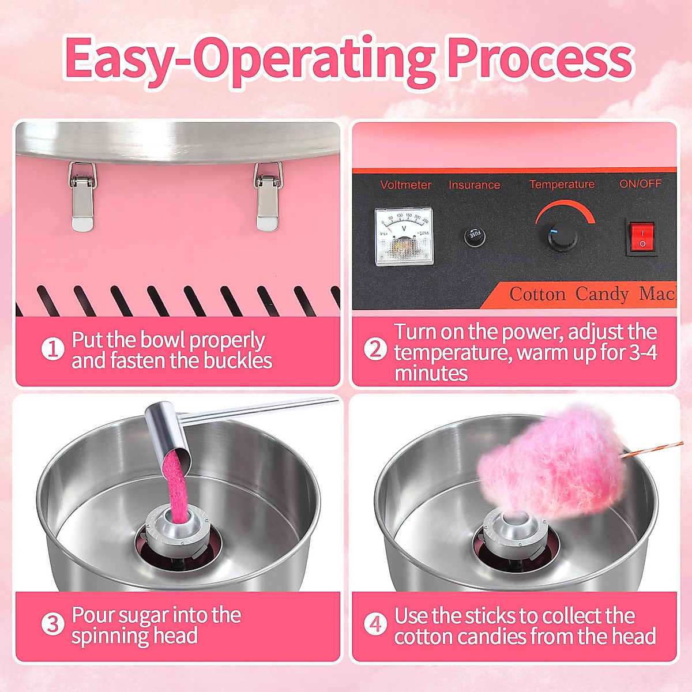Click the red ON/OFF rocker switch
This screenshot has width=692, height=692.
click(x=642, y=237)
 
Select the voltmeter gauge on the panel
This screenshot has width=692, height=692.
click(x=404, y=236)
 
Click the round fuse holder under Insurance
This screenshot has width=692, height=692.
click(x=475, y=236)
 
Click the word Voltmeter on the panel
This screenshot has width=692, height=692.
click(x=405, y=185)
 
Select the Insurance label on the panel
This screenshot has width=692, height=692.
click(x=474, y=185)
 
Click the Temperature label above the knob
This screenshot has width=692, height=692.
click(x=562, y=185)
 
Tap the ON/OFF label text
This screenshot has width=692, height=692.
click(x=640, y=184)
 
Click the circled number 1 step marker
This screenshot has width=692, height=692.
click(x=52, y=349)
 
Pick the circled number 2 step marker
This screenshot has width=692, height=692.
click(x=375, y=349)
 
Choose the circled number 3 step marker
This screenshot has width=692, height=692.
click(x=52, y=625)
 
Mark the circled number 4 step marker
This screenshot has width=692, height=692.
click(x=375, y=625)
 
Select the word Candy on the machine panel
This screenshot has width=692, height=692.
click(x=601, y=295)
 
